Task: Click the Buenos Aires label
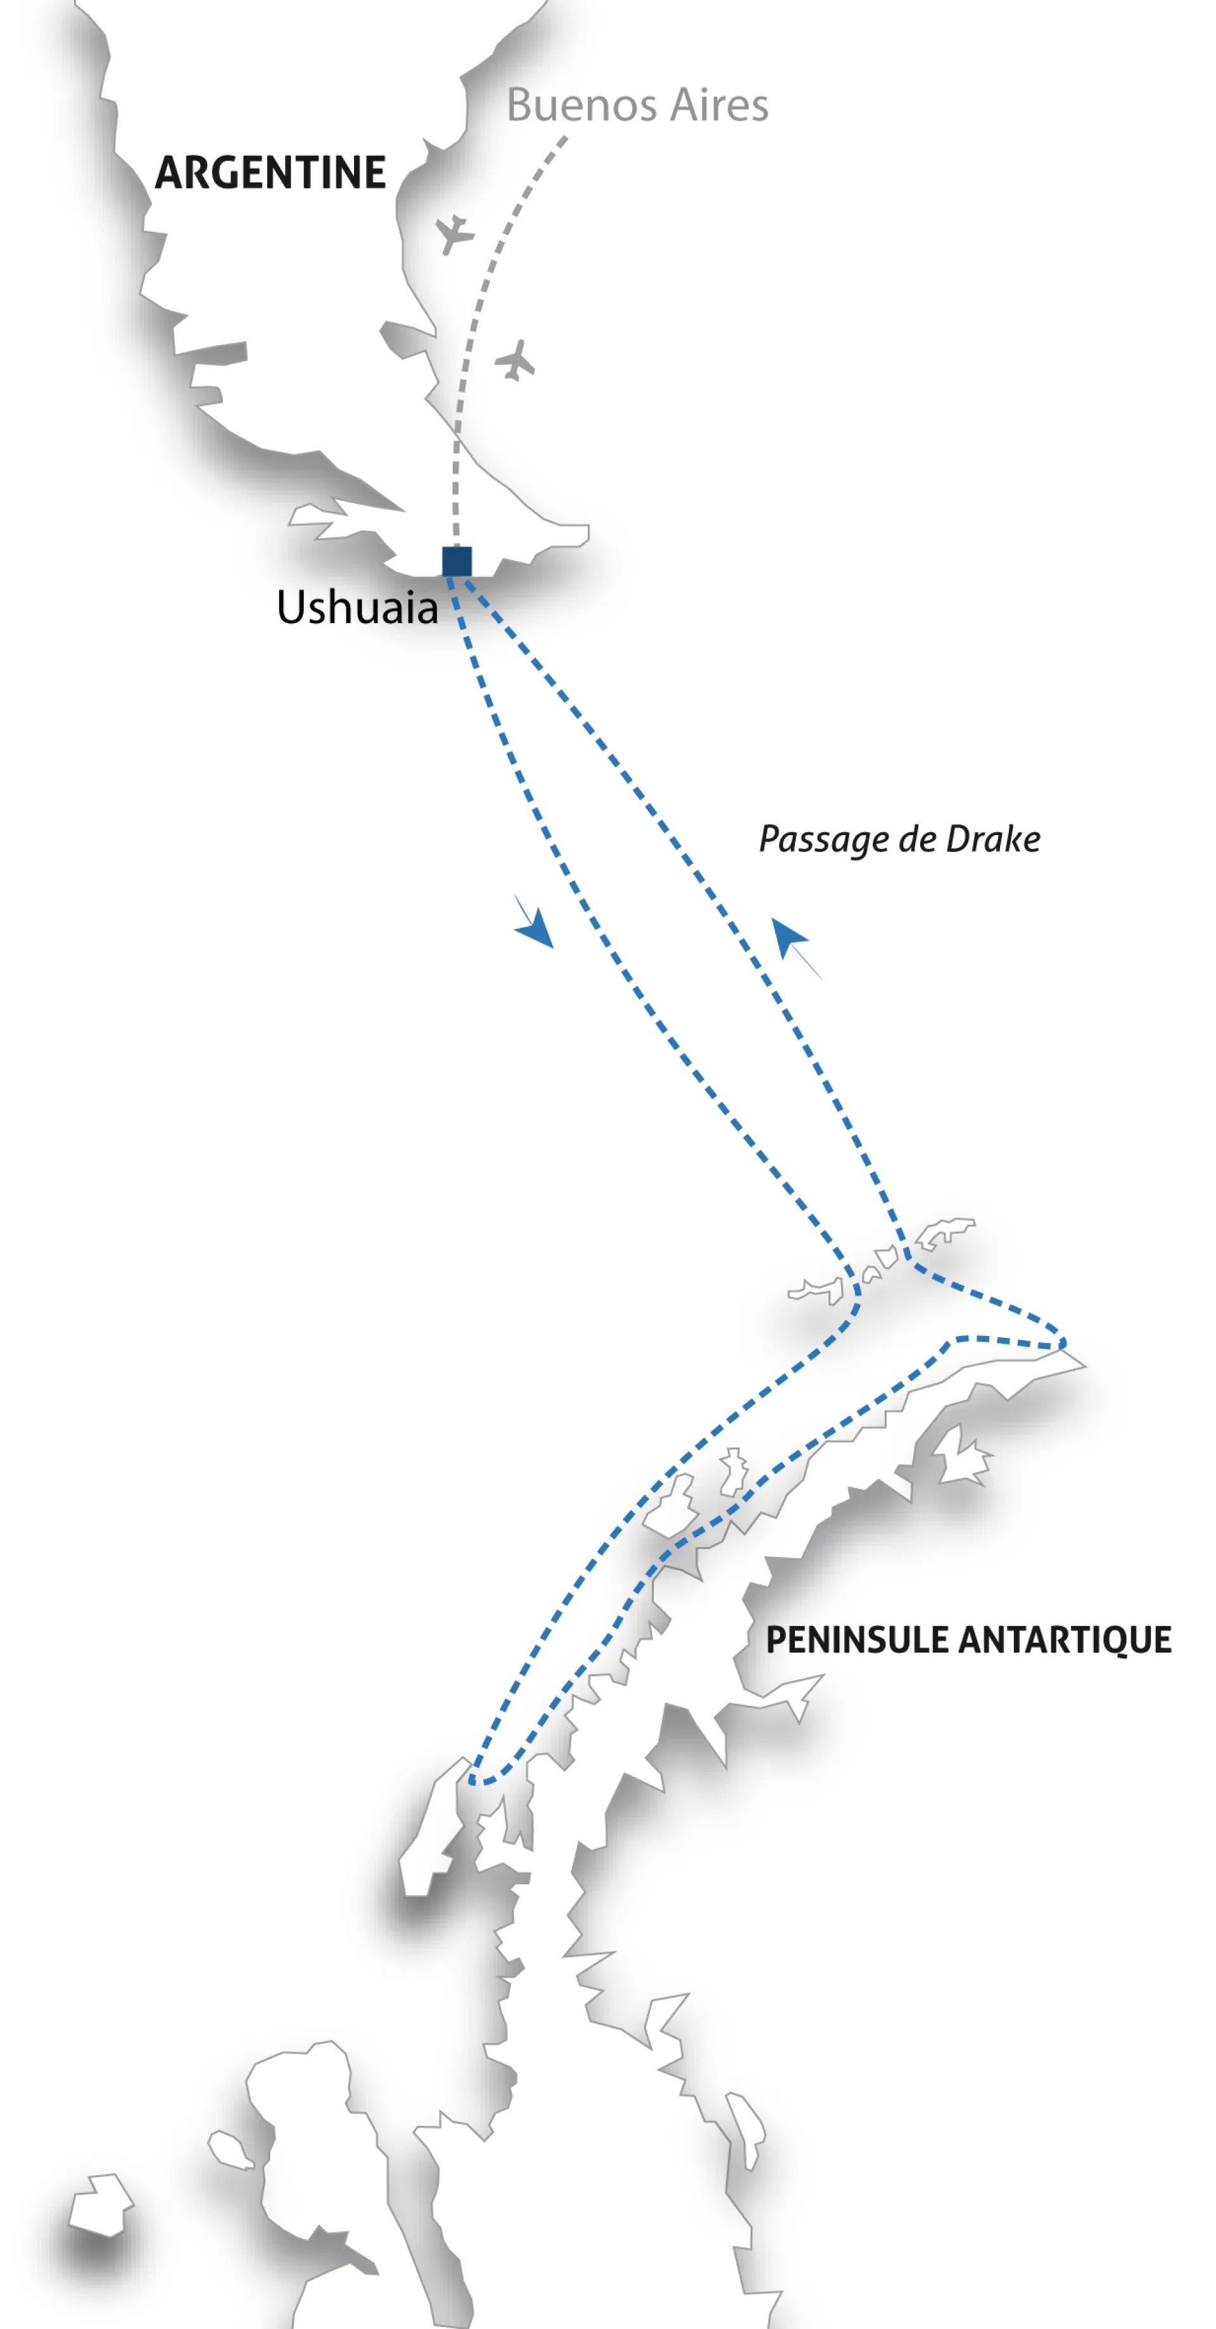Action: [x=636, y=105]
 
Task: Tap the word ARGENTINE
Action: [x=270, y=173]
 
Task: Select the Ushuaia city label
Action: [x=357, y=607]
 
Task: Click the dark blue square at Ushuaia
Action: [x=457, y=562]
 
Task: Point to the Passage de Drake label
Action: [x=899, y=839]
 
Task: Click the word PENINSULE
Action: [x=856, y=1639]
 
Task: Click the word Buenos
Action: [x=581, y=105]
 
